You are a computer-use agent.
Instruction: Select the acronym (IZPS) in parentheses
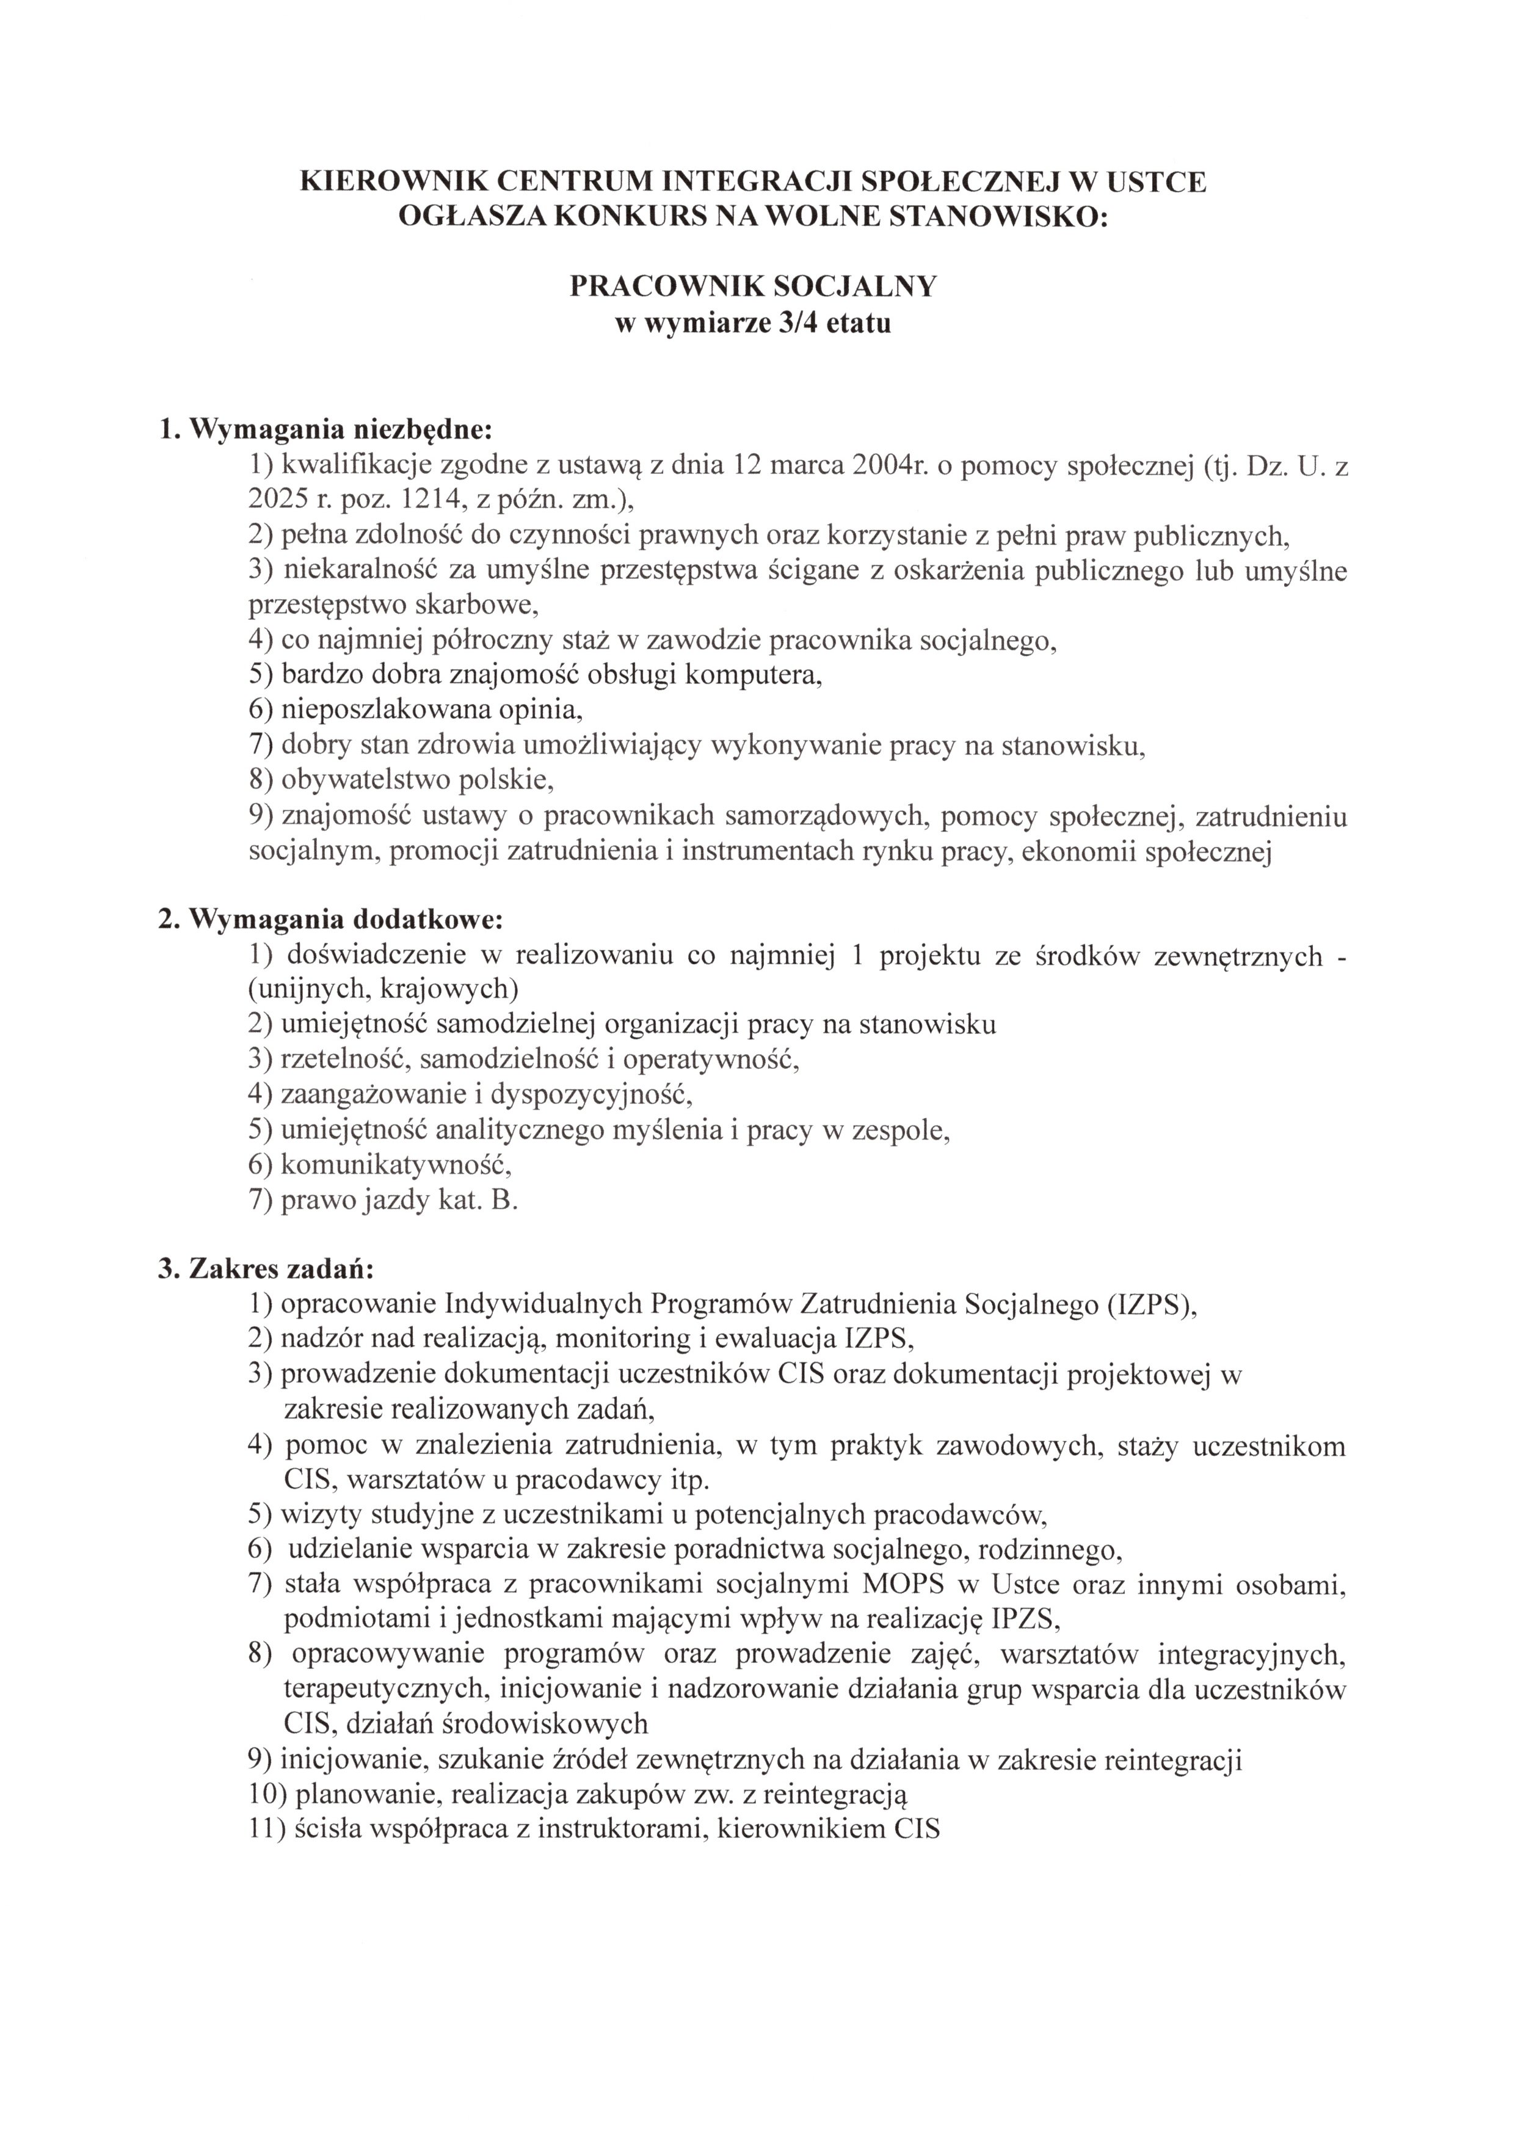click(1149, 1304)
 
